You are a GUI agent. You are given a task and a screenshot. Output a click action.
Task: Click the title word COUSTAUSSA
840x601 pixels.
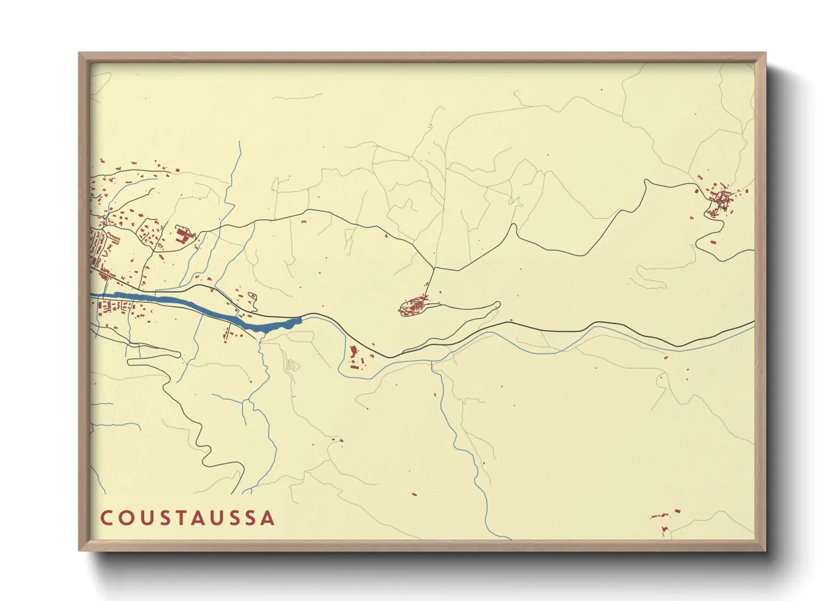pyautogui.click(x=188, y=518)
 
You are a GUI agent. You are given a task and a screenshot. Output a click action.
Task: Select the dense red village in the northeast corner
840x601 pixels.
pyautogui.click(x=720, y=199)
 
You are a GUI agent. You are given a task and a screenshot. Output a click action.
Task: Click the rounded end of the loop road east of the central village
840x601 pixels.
pyautogui.click(x=498, y=305)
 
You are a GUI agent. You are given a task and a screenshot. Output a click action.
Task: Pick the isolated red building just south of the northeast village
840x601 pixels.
pyautogui.click(x=713, y=243)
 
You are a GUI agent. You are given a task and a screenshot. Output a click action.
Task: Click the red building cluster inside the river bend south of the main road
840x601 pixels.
pyautogui.click(x=355, y=360)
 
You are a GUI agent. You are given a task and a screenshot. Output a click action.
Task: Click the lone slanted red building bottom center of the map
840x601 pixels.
pyautogui.click(x=414, y=494)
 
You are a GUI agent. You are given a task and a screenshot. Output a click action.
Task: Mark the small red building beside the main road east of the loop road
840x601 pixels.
pyautogui.click(x=511, y=320)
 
